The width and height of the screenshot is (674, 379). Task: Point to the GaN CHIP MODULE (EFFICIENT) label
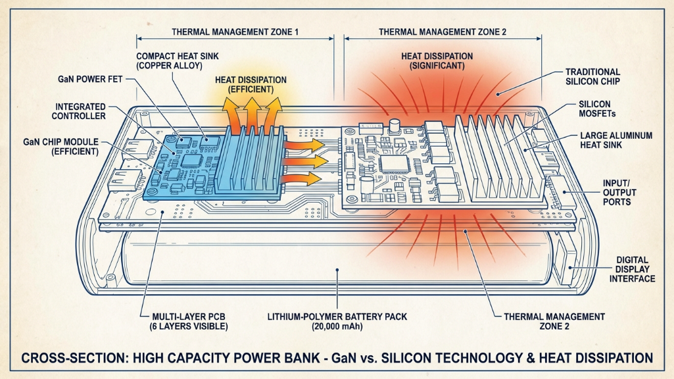pyautogui.click(x=60, y=145)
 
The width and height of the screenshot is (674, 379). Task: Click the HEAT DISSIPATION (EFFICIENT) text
pyautogui.click(x=251, y=84)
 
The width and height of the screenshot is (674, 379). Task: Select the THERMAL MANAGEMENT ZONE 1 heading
pyautogui.click(x=235, y=32)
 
